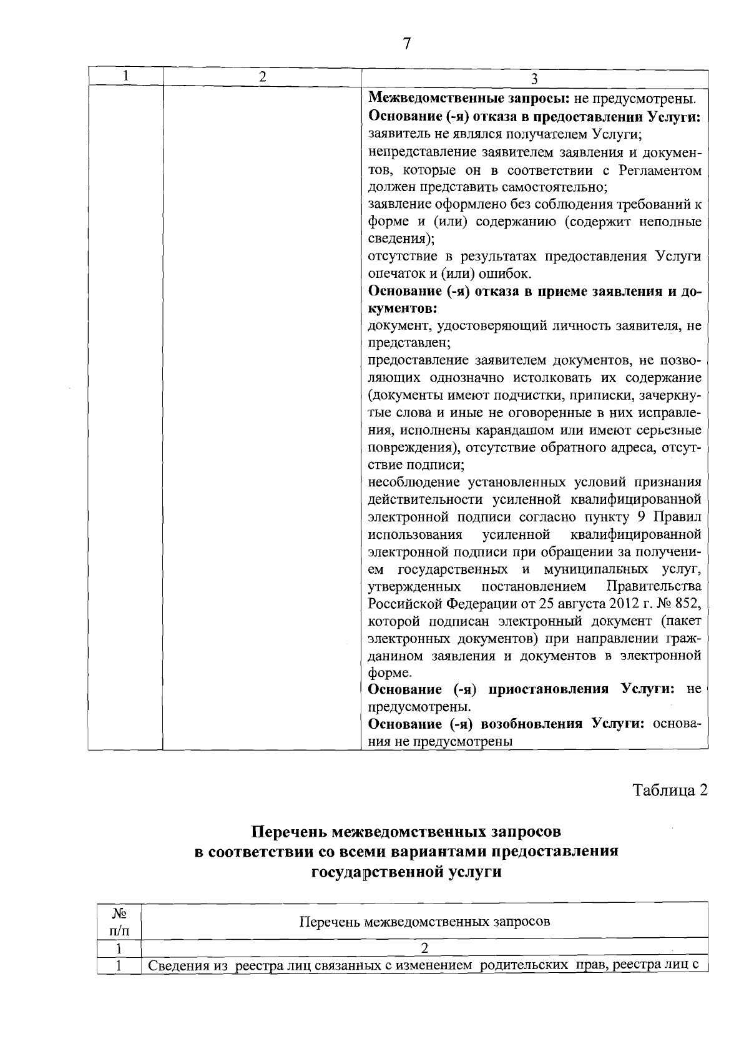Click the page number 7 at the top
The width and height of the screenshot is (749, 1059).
point(406,44)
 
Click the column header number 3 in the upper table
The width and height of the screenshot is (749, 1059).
point(534,79)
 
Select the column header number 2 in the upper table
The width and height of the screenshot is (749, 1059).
point(262,77)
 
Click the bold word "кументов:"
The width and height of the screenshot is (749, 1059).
point(403,308)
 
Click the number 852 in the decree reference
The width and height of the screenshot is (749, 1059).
point(688,604)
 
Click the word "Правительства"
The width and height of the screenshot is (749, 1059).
point(654,586)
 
